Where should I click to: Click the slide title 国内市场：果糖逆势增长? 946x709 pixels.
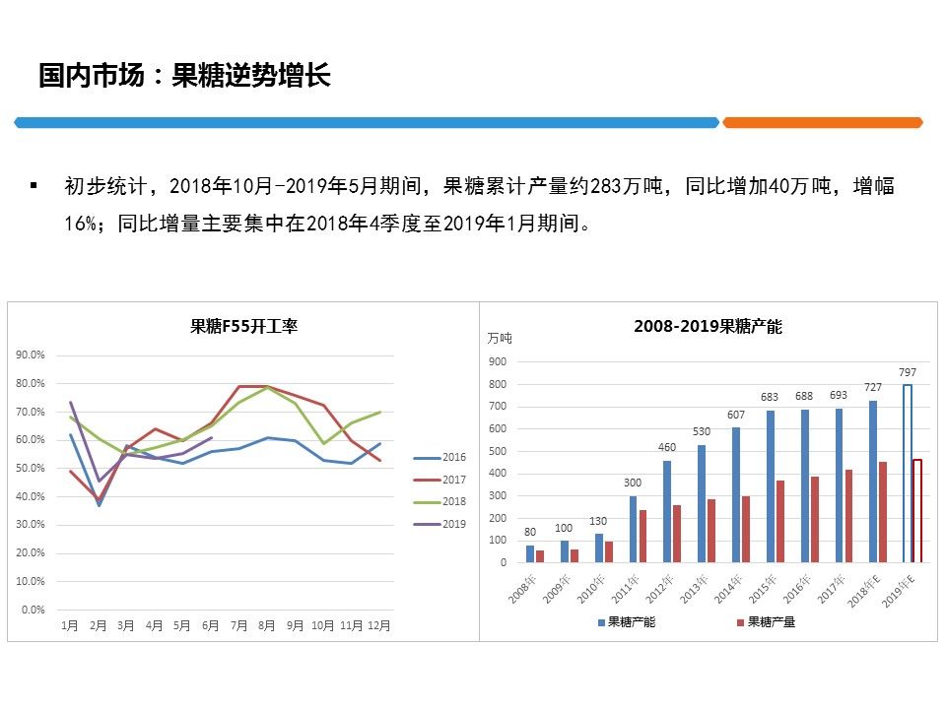[x=184, y=76]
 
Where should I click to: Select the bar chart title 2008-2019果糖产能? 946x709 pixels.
[x=708, y=326]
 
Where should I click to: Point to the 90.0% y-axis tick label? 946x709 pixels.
[x=32, y=354]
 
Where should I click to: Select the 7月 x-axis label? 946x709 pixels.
[x=238, y=625]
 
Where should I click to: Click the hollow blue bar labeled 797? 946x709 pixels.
[x=907, y=474]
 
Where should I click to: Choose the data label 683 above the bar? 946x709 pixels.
[x=770, y=397]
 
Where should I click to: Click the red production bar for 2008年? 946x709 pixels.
[x=540, y=556]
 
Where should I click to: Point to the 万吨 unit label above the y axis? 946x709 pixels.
[x=500, y=338]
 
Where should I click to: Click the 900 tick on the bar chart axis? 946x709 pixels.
[x=500, y=361]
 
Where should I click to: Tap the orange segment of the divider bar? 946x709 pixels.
[x=823, y=122]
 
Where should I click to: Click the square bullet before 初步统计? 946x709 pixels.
[x=34, y=185]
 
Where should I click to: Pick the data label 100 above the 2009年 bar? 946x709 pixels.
[x=564, y=528]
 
